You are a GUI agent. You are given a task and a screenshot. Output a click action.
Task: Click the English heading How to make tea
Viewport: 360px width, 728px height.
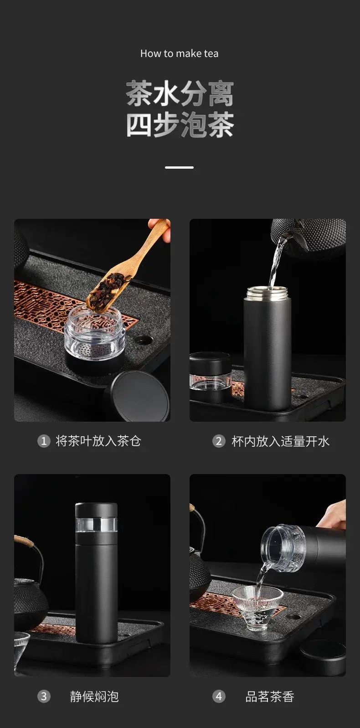pyautogui.click(x=180, y=54)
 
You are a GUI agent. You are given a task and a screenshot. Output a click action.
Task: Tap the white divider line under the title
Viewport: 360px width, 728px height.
pyautogui.click(x=180, y=167)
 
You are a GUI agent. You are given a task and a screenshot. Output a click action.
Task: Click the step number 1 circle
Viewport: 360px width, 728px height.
pyautogui.click(x=44, y=441)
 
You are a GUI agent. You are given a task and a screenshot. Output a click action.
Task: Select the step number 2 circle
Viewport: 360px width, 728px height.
pyautogui.click(x=219, y=441)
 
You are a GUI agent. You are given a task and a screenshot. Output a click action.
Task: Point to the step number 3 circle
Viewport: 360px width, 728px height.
pyautogui.click(x=44, y=697)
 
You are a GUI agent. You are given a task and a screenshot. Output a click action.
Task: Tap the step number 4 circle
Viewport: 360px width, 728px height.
pyautogui.click(x=219, y=697)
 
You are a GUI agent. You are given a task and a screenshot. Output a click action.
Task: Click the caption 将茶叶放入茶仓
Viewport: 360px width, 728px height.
pyautogui.click(x=98, y=441)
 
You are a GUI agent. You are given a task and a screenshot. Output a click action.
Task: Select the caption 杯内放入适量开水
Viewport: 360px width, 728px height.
pyautogui.click(x=280, y=441)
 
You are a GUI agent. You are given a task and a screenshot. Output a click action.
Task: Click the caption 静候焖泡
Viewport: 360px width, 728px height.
pyautogui.click(x=94, y=697)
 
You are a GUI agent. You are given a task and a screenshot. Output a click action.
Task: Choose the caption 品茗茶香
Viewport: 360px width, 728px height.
pyautogui.click(x=270, y=697)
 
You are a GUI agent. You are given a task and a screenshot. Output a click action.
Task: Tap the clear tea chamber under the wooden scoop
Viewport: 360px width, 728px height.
pyautogui.click(x=94, y=333)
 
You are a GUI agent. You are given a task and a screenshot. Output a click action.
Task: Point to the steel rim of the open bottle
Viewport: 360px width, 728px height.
pyautogui.click(x=267, y=293)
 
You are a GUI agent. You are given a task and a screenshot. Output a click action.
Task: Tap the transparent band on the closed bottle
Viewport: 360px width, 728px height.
pyautogui.click(x=96, y=525)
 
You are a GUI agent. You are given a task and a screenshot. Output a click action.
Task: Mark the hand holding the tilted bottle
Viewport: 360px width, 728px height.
pyautogui.click(x=332, y=515)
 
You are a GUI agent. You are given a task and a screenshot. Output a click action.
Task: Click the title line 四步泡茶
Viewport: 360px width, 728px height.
pyautogui.click(x=180, y=125)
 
